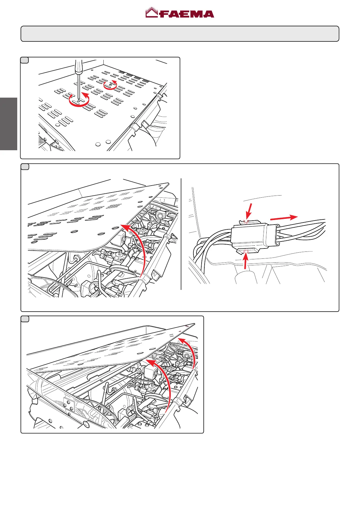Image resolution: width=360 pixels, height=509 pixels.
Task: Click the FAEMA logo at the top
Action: click(x=180, y=13)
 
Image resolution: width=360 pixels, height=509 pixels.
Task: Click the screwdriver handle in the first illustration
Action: click(x=79, y=66)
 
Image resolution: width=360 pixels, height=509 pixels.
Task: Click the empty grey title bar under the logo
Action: click(x=180, y=34)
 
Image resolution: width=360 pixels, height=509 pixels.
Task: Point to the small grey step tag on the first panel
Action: click(x=24, y=60)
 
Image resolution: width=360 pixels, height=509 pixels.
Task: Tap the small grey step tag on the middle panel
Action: click(x=25, y=167)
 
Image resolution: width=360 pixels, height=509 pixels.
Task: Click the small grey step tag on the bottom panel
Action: click(x=25, y=319)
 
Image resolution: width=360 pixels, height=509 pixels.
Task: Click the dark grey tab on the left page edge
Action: click(x=8, y=124)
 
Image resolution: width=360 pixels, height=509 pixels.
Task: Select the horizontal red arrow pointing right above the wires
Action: click(x=284, y=217)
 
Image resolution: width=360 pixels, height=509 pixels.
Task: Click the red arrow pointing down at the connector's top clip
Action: click(x=249, y=211)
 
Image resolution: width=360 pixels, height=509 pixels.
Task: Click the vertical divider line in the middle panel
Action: click(x=181, y=234)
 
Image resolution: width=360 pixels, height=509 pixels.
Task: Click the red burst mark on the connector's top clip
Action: click(x=246, y=221)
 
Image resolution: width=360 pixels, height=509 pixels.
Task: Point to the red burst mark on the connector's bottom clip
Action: click(x=245, y=251)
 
